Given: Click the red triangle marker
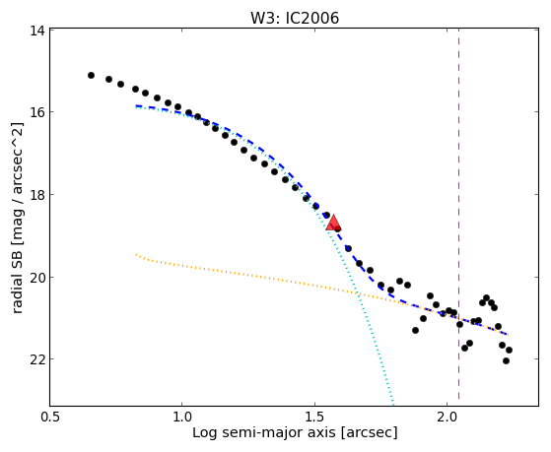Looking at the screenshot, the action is pos(333,223).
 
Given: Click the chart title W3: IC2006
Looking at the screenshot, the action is pos(295,19).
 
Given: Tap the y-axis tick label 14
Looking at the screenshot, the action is pos(36,31).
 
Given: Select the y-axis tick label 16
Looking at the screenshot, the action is pos(36,112).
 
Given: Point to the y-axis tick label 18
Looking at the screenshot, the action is pos(36,195).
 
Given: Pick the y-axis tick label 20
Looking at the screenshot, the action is pos(36,277).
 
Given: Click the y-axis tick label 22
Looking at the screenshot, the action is pos(36,358).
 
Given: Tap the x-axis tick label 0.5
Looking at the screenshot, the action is pos(50,417).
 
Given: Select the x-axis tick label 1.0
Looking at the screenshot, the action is pos(182,417).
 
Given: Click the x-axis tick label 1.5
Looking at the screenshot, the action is pos(314,417).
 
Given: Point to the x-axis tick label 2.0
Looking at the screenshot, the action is pos(447,417).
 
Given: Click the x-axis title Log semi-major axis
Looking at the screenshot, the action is pos(264,432).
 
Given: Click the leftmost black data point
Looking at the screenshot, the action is pos(91,75).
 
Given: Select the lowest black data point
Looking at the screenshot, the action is pos(506,360).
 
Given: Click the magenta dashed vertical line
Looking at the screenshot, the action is pos(459,215).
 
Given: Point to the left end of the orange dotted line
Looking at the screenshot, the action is pos(136,254).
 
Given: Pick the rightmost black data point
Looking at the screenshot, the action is pos(509,350).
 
